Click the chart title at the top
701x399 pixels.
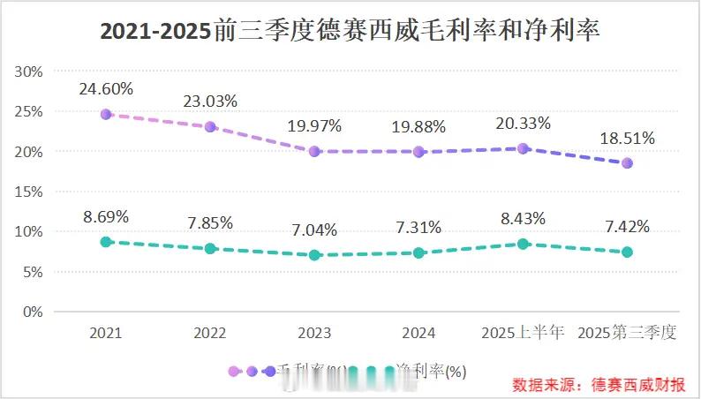[x=350, y=32]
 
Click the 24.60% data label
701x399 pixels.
[x=105, y=88]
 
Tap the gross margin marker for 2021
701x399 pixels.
[x=106, y=114]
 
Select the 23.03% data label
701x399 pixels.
[x=210, y=101]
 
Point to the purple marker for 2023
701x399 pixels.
[x=314, y=151]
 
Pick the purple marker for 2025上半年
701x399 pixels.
[x=523, y=148]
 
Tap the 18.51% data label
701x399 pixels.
[x=627, y=138]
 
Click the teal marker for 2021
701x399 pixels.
[x=106, y=242]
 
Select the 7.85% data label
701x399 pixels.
[x=210, y=223]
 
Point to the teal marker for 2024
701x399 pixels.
[x=418, y=252]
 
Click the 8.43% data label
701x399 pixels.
[x=523, y=218]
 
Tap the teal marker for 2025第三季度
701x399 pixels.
[x=627, y=252]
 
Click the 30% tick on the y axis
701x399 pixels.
[x=28, y=72]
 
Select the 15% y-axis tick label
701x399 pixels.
[x=28, y=192]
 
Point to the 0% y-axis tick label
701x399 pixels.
[x=32, y=312]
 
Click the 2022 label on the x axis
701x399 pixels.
[x=210, y=334]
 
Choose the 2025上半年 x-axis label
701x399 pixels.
[x=523, y=334]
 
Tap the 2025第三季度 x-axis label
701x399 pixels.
[x=627, y=334]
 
